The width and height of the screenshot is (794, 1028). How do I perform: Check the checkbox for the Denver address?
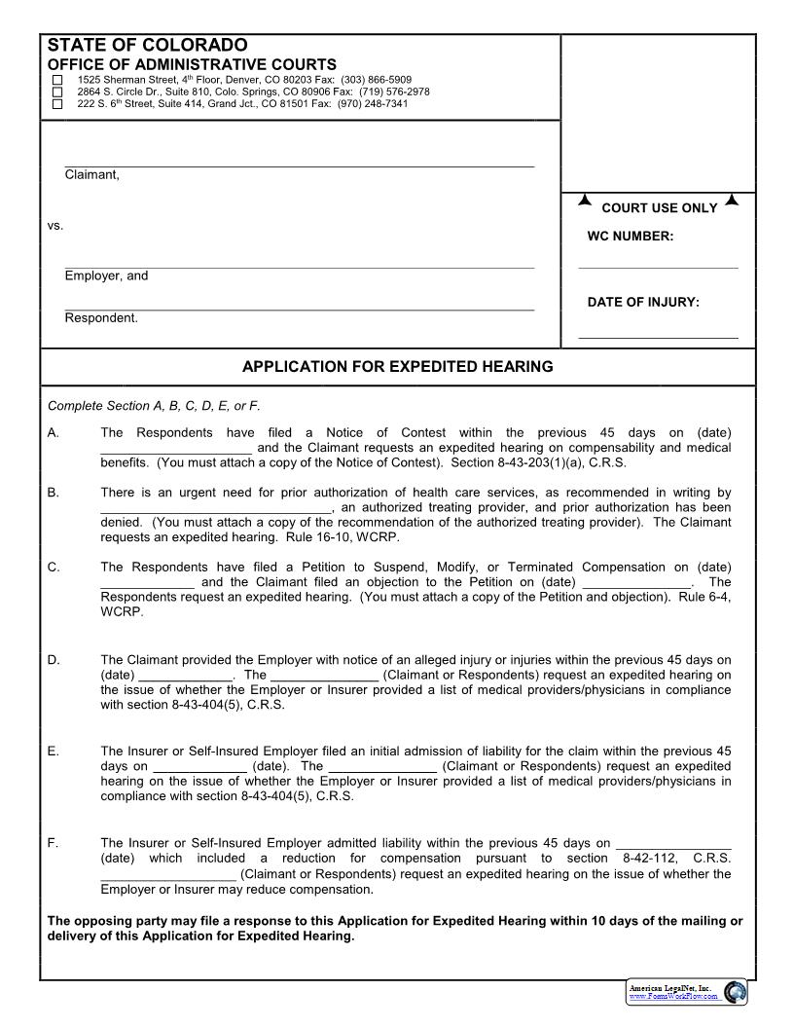click(x=56, y=80)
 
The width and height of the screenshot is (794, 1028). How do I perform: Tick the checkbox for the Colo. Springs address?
click(x=56, y=92)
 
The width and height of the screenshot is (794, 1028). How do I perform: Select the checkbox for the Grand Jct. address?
click(x=56, y=103)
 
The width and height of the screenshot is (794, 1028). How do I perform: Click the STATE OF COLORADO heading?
click(x=147, y=46)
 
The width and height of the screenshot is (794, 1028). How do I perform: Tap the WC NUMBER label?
click(x=630, y=237)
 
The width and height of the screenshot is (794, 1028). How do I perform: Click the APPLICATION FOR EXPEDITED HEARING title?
click(x=397, y=367)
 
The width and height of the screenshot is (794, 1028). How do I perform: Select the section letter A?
click(x=53, y=433)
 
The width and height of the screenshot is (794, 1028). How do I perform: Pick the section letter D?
click(x=53, y=660)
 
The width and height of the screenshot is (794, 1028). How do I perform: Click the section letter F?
click(x=53, y=843)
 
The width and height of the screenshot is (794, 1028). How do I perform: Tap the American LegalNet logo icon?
click(x=736, y=992)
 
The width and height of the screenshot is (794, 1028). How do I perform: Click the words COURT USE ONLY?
click(x=659, y=208)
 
